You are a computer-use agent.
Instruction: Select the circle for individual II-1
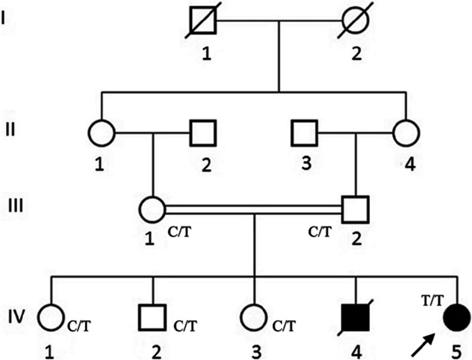pos(100,133)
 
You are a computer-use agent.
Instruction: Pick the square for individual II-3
pos(304,133)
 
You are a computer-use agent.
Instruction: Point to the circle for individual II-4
pos(407,133)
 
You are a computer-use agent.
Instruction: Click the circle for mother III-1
pos(152,209)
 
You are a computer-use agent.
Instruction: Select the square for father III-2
pos(356,209)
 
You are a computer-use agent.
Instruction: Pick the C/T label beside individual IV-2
pos(185,327)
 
